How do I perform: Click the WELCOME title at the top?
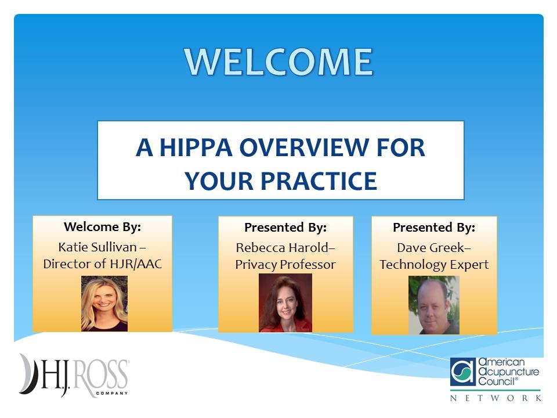[279, 61]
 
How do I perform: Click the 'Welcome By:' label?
[102, 226]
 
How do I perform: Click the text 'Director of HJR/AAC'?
[102, 263]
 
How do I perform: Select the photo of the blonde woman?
[104, 303]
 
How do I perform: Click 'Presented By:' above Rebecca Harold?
[285, 227]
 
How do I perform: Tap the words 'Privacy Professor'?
[285, 265]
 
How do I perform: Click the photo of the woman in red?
[285, 303]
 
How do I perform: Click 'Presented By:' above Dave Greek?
[434, 227]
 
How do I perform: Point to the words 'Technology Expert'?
[434, 265]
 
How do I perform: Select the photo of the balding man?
[434, 305]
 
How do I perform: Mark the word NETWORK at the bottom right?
[496, 398]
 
